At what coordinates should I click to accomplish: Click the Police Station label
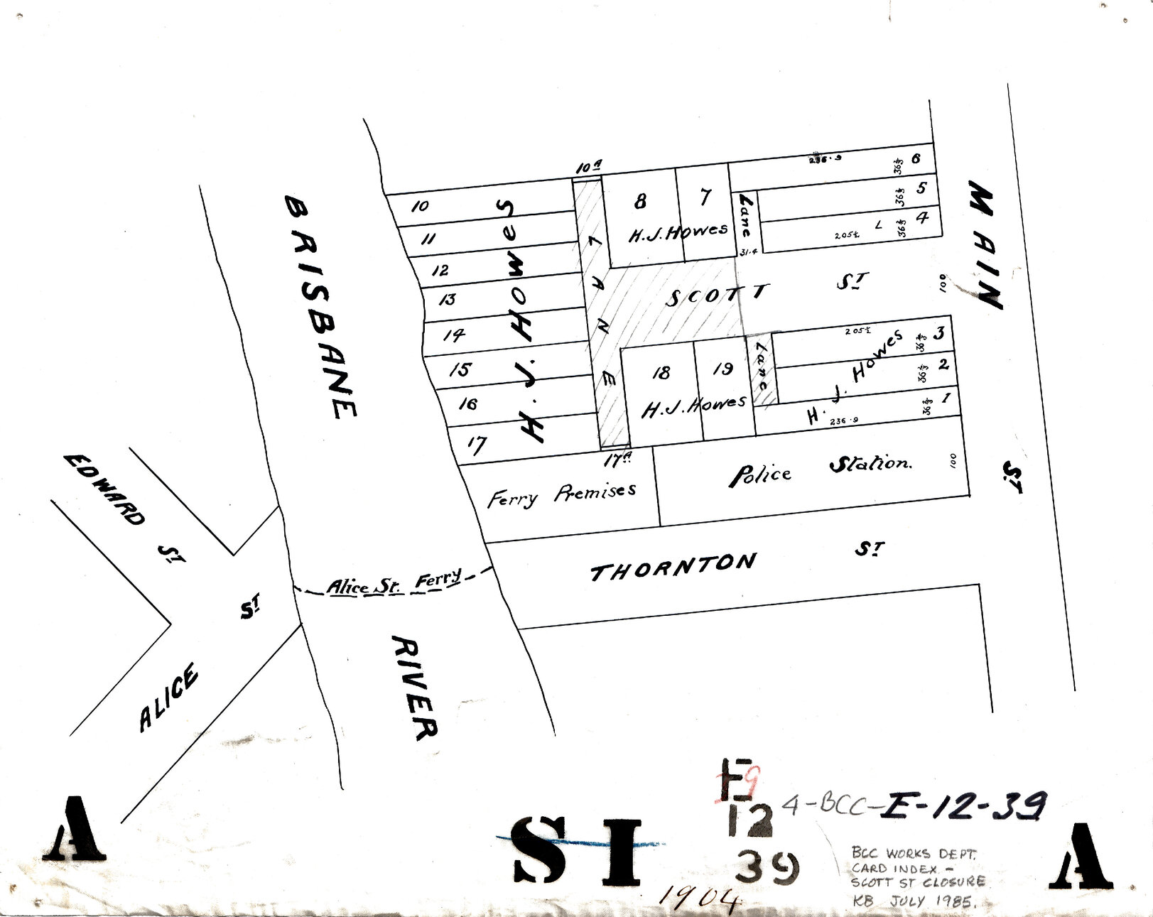click(x=821, y=469)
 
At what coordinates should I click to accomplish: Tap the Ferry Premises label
click(x=561, y=495)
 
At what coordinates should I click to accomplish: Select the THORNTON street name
click(x=673, y=566)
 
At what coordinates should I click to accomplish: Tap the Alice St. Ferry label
click(x=394, y=584)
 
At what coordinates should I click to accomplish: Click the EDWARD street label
click(x=104, y=489)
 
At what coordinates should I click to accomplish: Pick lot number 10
click(x=420, y=206)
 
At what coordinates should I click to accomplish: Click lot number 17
click(x=476, y=445)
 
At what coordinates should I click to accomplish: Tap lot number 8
click(x=640, y=202)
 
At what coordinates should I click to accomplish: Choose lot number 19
click(x=722, y=369)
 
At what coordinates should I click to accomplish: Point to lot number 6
click(x=916, y=158)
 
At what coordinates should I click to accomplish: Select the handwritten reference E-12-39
click(x=963, y=805)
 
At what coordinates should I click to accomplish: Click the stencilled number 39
click(x=767, y=867)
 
